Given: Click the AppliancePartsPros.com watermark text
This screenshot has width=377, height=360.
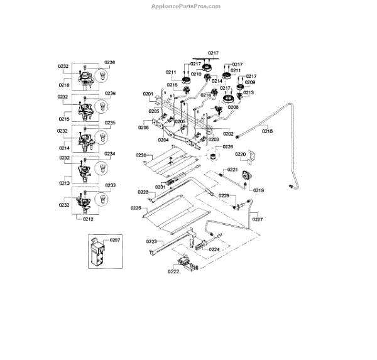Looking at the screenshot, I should point(186,6).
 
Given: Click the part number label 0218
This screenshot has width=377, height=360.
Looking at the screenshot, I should point(267,131).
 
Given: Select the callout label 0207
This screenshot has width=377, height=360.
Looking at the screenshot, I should point(114,240).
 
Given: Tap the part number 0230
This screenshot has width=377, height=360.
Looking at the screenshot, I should point(141,155).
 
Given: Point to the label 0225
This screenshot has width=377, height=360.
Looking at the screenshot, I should point(136,208).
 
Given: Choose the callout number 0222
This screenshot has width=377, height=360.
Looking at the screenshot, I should point(173,271).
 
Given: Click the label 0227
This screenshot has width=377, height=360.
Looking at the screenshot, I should point(258,219).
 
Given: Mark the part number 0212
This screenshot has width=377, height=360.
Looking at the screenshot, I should point(88,219).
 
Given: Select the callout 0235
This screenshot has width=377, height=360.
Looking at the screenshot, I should point(110,123).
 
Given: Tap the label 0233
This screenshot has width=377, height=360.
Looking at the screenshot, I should point(110,185).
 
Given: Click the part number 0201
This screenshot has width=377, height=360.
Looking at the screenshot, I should point(148,94).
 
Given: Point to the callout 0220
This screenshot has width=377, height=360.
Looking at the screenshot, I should point(241,153).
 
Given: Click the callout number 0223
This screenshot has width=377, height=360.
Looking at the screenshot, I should point(151,241).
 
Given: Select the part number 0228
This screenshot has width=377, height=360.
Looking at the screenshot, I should point(143,192).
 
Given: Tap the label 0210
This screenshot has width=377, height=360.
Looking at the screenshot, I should point(196,74).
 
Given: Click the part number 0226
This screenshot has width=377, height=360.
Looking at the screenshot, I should point(227,146).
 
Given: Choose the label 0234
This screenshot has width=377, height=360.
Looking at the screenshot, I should point(110,154).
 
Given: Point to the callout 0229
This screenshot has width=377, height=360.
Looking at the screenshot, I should point(223,196).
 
